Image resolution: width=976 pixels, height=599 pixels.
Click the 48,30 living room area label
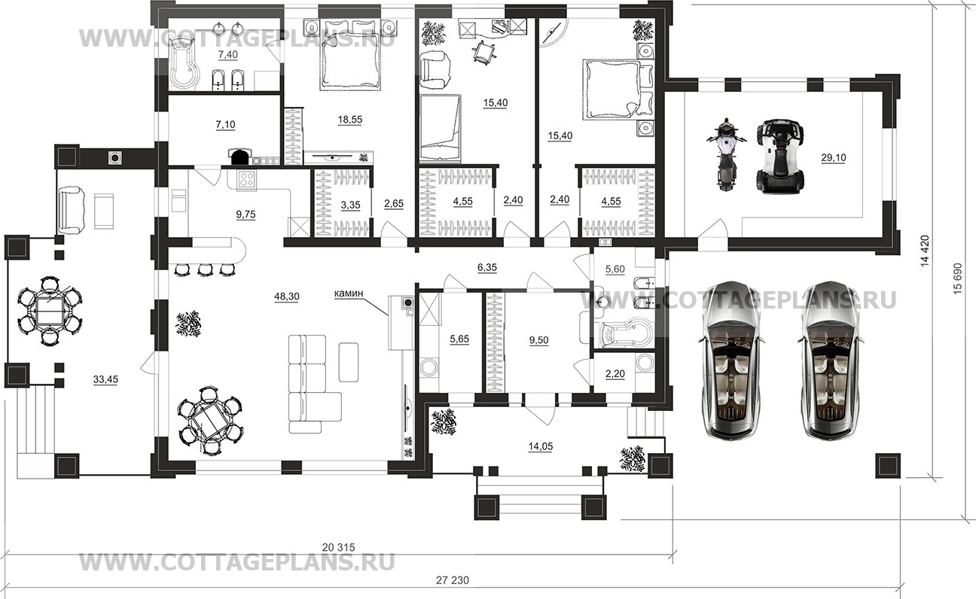(287, 297)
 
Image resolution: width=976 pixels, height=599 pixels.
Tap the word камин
(349, 293)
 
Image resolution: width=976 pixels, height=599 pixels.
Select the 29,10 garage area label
(834, 157)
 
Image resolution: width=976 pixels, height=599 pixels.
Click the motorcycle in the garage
(726, 154)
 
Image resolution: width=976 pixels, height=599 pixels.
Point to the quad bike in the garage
(780, 156)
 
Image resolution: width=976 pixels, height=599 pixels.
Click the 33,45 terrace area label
(105, 379)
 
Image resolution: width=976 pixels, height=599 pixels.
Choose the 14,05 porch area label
(540, 447)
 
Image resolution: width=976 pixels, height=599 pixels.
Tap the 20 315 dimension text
(339, 547)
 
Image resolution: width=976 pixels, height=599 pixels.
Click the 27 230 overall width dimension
(453, 580)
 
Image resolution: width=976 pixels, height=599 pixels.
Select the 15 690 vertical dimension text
(957, 278)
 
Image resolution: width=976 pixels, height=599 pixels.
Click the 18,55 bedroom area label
(350, 120)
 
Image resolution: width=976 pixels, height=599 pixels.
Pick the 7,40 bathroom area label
(228, 55)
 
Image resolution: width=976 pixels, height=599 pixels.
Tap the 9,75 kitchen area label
(246, 214)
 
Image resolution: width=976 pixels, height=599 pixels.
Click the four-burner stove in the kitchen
(246, 180)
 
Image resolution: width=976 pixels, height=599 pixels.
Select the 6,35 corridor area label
(487, 268)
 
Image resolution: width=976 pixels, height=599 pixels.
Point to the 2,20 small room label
(615, 373)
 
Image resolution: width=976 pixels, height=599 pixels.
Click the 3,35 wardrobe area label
(350, 205)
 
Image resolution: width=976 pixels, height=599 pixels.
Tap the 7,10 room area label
(225, 125)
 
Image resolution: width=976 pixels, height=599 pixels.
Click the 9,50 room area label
(539, 340)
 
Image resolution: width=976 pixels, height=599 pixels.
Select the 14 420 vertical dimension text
(925, 251)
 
